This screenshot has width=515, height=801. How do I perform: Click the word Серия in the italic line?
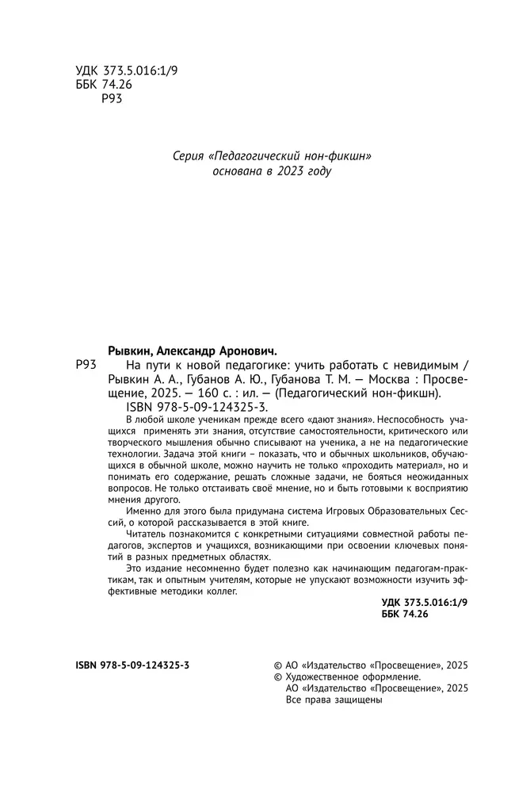click(188, 156)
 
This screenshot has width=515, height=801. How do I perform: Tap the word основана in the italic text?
click(238, 171)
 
